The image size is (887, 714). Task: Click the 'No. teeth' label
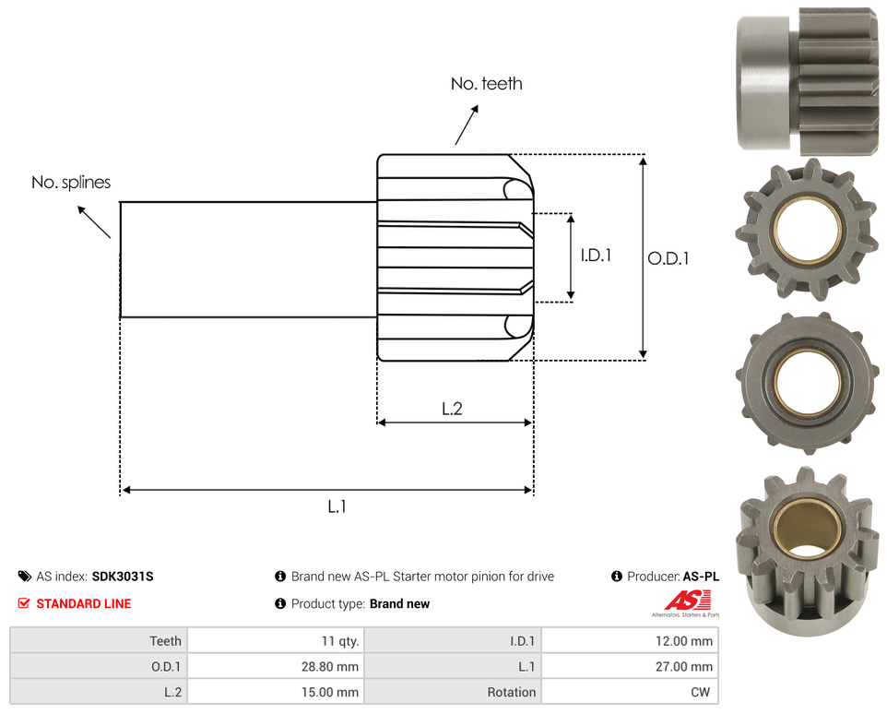pyautogui.click(x=487, y=84)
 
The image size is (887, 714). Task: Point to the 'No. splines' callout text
pyautogui.click(x=71, y=182)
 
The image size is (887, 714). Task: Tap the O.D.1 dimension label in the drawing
pyautogui.click(x=668, y=258)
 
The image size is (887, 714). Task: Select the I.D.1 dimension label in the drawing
pyautogui.click(x=596, y=256)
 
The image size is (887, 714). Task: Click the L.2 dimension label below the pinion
pyautogui.click(x=452, y=409)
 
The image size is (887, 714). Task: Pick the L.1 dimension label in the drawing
pyautogui.click(x=337, y=506)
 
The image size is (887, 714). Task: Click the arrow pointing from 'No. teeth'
pyautogui.click(x=467, y=125)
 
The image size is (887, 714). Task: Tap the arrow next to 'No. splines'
pyautogui.click(x=94, y=221)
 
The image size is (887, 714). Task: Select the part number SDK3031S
pyautogui.click(x=123, y=577)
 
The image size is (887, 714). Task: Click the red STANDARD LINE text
pyautogui.click(x=84, y=603)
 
